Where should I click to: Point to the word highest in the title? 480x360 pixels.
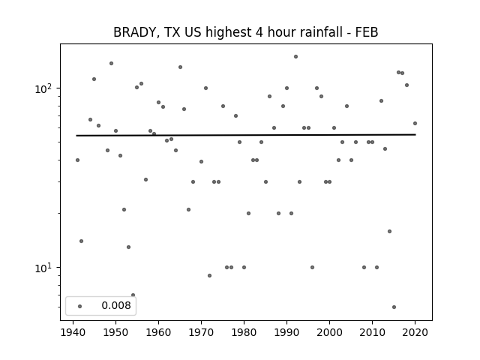coord(228,33)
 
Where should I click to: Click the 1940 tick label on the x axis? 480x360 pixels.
coord(73,332)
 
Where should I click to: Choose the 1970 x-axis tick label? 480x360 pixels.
coord(201,332)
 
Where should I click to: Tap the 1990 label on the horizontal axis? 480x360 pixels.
coord(286,332)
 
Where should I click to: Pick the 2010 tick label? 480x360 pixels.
coord(372,332)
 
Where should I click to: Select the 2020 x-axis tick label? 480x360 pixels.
coord(415,332)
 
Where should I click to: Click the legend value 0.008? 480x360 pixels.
coord(116,305)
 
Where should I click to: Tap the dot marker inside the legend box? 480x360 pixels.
coord(80,306)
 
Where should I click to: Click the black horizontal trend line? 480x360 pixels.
coord(246,135)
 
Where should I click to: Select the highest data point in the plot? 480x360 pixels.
coord(295,57)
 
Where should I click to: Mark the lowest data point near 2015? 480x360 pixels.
coord(394,307)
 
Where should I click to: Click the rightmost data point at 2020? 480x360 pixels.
coord(415,123)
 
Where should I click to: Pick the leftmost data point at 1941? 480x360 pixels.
coord(77,160)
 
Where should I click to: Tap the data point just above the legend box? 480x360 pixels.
coord(133,295)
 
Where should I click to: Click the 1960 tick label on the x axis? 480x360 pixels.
coord(158,332)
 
